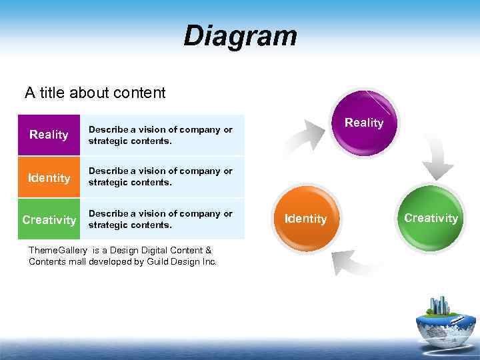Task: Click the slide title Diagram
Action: click(x=240, y=36)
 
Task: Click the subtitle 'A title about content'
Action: click(x=95, y=93)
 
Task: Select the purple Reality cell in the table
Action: click(x=49, y=135)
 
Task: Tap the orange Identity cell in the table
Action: click(x=49, y=178)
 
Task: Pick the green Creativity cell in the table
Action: click(x=49, y=220)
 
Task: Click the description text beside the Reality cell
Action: click(x=161, y=135)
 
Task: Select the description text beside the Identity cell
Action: click(x=161, y=177)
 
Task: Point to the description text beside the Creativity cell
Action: click(x=161, y=219)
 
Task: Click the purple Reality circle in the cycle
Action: click(x=364, y=122)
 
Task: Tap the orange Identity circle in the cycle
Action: click(x=306, y=219)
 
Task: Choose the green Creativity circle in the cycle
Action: click(x=431, y=218)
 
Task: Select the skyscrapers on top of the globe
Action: click(x=439, y=305)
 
